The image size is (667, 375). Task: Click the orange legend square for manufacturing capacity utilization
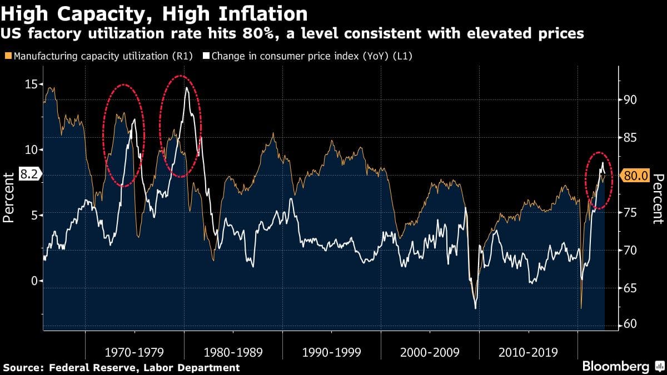7,56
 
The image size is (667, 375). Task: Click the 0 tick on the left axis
33,281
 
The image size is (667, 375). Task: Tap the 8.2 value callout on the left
28,174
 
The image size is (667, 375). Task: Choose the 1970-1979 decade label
135,352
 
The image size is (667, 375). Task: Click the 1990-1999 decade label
332,352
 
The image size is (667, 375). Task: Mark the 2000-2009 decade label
430,352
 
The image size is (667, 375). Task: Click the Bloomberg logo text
615,367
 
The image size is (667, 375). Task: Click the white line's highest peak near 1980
187,88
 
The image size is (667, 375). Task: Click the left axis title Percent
8,197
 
